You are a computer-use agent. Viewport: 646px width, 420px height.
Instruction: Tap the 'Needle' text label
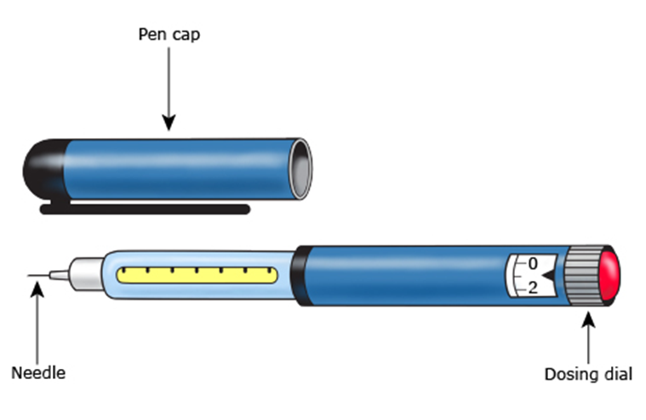[x=37, y=372]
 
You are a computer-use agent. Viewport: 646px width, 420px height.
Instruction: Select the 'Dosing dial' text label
[x=588, y=373]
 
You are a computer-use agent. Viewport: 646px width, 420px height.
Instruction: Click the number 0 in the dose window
[x=533, y=263]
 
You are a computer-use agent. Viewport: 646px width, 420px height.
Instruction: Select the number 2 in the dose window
[x=533, y=287]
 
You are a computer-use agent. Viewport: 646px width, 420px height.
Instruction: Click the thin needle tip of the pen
[x=38, y=275]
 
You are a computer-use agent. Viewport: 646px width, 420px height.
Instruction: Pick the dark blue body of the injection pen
[x=400, y=275]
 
